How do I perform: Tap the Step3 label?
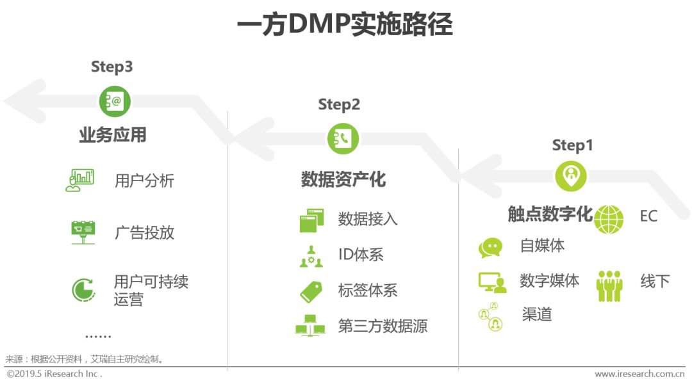point(111,67)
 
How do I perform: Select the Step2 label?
point(339,104)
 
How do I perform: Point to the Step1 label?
point(572,145)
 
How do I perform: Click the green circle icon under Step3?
point(115,101)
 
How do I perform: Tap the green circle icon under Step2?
point(343,139)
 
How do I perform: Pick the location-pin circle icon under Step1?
point(571,176)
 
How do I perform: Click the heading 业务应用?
point(113,135)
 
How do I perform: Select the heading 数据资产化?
point(343,179)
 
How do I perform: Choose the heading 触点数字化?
point(550,214)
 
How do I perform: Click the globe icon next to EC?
point(608,220)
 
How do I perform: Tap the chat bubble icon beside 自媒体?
point(491,248)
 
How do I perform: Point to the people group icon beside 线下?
point(609,285)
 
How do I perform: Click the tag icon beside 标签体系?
point(311,291)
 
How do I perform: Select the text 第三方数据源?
point(383,326)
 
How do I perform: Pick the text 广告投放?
point(144,232)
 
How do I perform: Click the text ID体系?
point(361,255)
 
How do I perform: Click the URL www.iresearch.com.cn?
point(639,374)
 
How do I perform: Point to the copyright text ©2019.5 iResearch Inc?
point(54,374)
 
